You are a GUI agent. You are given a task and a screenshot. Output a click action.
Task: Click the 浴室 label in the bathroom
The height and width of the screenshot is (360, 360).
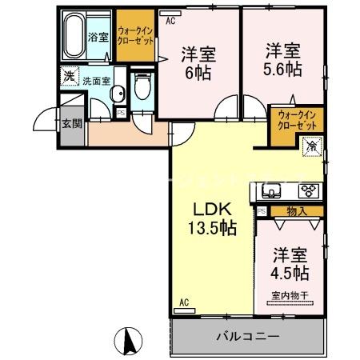98,37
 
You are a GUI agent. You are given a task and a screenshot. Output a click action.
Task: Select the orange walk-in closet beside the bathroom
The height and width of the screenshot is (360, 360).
135,35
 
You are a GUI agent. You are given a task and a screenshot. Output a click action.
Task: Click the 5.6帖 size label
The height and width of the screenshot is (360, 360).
284,69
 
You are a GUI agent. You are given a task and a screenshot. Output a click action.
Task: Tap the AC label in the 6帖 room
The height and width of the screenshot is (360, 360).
170,22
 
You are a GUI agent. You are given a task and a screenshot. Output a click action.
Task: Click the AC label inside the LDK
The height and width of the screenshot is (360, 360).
184,302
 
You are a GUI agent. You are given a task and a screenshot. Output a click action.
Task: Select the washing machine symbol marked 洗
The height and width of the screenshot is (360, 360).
69,78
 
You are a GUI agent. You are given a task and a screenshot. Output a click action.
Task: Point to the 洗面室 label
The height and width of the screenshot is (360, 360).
99,81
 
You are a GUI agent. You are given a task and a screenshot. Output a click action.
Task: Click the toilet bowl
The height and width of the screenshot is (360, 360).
142,87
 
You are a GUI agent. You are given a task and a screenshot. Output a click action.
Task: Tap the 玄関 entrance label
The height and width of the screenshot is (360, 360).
70,123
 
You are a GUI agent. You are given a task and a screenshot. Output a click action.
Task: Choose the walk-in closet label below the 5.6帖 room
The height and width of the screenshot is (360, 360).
298,120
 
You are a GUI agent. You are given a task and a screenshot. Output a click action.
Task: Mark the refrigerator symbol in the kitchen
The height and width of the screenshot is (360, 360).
313,146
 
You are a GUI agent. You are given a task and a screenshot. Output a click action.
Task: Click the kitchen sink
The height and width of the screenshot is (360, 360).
269,192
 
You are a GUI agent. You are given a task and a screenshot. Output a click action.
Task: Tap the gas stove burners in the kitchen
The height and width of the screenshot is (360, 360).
309,191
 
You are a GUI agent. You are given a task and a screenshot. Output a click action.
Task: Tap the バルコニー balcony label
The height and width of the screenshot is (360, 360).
247,336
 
